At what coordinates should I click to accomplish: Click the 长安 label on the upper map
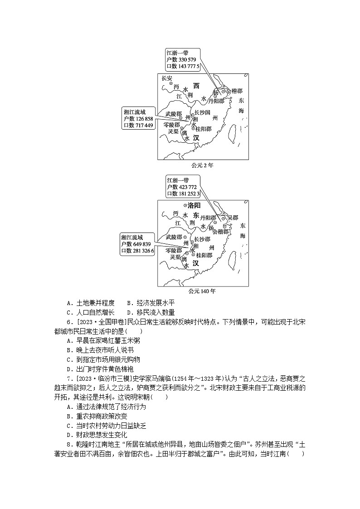pyautogui.click(x=167, y=78)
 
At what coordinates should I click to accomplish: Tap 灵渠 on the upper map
pyautogui.click(x=172, y=131)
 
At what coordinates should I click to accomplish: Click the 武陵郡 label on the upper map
pyautogui.click(x=174, y=113)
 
